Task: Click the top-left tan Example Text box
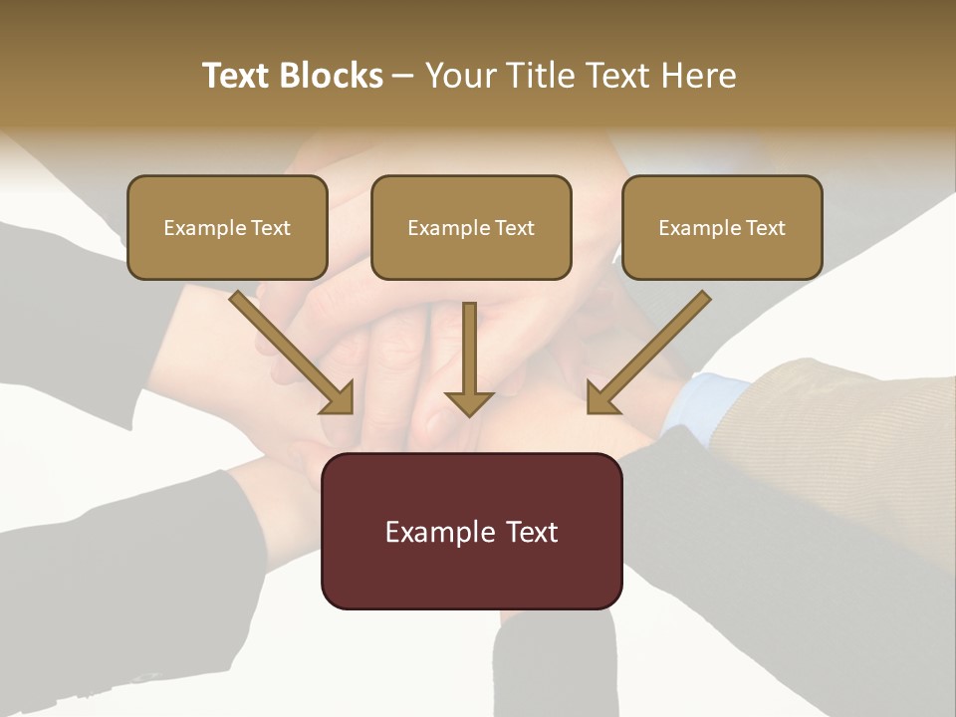[x=227, y=227]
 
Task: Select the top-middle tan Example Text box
[x=471, y=227]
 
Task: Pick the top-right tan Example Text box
[x=722, y=227]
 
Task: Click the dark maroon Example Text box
[x=471, y=531]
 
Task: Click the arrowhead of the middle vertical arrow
[x=469, y=403]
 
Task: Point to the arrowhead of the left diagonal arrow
[x=339, y=398]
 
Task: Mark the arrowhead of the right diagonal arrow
[x=600, y=398]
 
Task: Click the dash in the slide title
[x=403, y=76]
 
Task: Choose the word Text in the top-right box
[x=765, y=228]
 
